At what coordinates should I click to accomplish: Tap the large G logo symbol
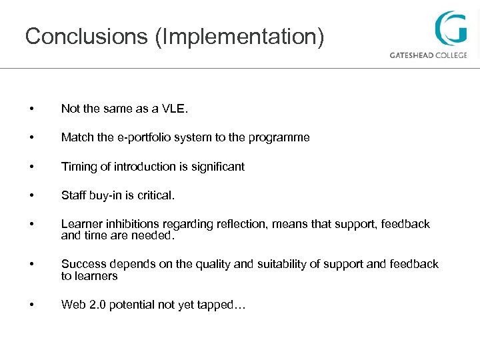[x=451, y=28]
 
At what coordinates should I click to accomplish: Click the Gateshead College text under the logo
[x=428, y=55]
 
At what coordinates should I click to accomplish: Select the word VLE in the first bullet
[x=164, y=109]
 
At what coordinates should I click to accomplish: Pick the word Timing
[x=77, y=167]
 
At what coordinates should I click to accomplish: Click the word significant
[x=217, y=167]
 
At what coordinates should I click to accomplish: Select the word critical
[x=156, y=196]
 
